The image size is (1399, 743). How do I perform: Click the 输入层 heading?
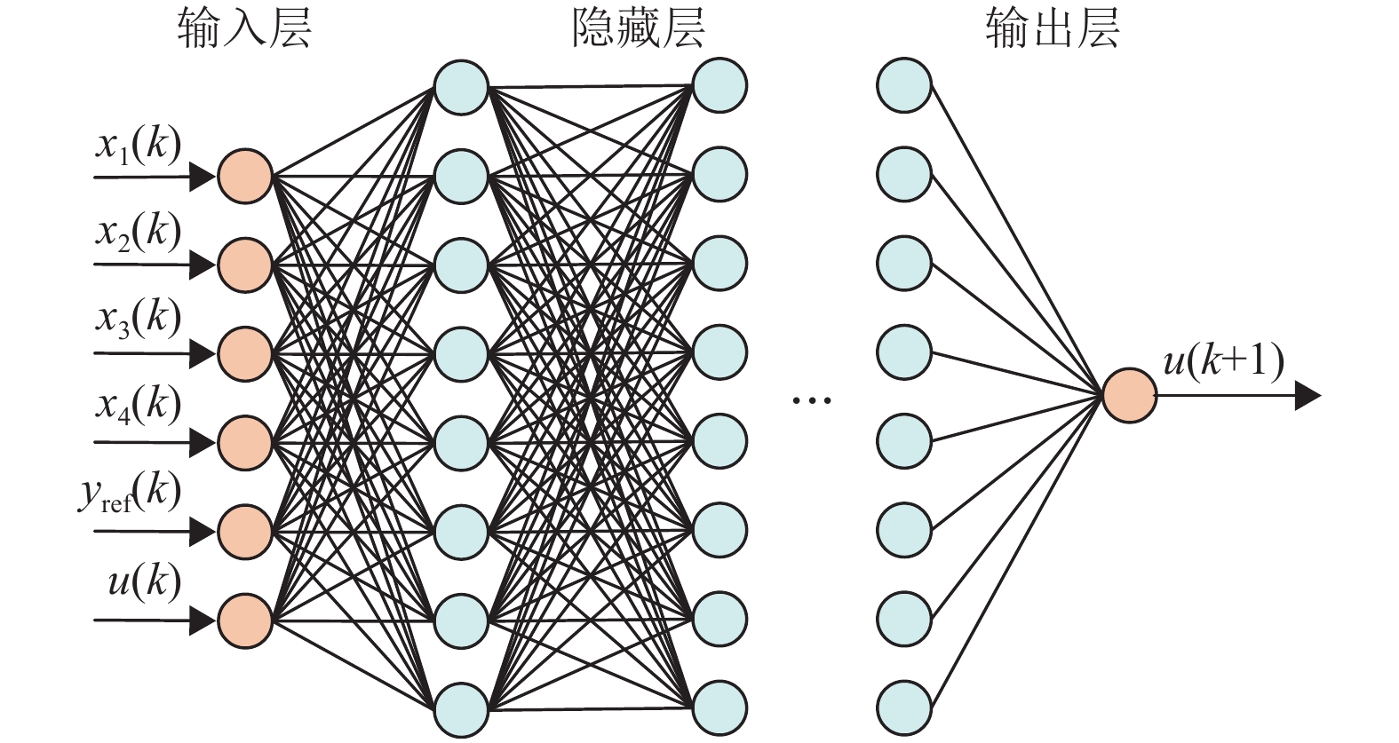coord(244,29)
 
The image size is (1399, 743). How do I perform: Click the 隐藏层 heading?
coord(638,29)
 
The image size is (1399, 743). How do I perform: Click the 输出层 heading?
coord(1052,29)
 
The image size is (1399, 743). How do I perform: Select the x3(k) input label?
coord(139,319)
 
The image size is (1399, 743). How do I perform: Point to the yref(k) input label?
coord(130,494)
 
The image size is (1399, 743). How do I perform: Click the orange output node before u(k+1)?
coord(1129,396)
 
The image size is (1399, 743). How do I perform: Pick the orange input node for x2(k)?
coord(245,265)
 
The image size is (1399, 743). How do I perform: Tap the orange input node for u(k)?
coord(245,620)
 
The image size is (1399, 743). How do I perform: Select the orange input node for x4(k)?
coord(245,442)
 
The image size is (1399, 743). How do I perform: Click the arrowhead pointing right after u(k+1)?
coord(1307,396)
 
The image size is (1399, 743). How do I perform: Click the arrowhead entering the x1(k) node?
coord(203,177)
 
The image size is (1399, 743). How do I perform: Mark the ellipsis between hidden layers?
coord(812,400)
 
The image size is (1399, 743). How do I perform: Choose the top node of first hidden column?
coord(462,87)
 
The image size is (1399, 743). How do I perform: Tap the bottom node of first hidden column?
coord(462,709)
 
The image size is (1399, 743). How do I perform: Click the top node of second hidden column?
coord(719,86)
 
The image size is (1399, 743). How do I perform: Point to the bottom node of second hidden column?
coord(719,708)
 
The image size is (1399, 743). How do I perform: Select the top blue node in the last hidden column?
coord(903,86)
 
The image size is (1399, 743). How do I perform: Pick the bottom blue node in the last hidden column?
coord(903,708)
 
